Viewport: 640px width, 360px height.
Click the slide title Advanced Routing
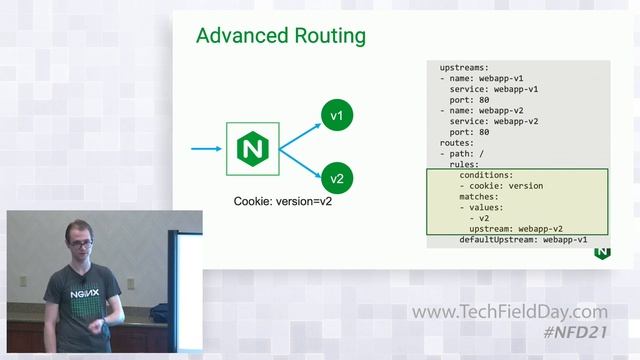coord(280,36)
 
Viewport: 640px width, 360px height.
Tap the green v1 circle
coord(337,117)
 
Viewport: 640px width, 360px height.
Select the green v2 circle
coord(337,179)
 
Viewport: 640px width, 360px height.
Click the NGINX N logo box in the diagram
coord(251,149)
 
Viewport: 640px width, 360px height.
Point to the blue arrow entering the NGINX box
coord(207,149)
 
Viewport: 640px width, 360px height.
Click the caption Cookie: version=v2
coord(283,201)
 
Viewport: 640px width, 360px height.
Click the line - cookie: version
coord(501,186)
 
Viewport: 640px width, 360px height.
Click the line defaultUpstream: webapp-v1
coord(523,240)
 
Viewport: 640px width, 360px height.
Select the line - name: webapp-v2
coord(483,109)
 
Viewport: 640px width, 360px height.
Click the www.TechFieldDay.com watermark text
coord(510,312)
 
